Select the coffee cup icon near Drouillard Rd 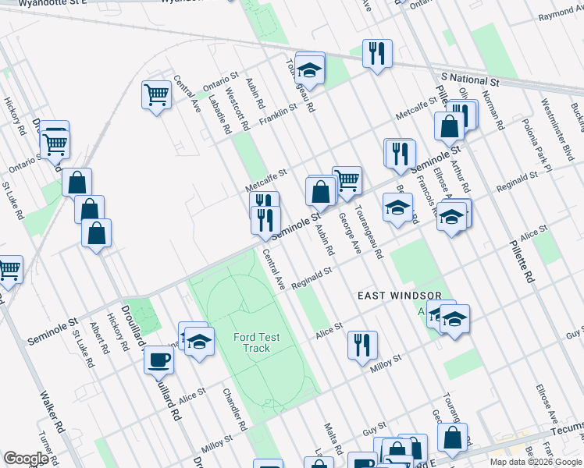(158, 360)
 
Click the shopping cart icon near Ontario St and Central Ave (156, 94)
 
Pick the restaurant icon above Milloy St (361, 344)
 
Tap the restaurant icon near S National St (377, 53)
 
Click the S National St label (469, 80)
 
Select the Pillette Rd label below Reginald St (522, 266)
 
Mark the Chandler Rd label (234, 409)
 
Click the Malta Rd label (333, 439)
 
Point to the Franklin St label (279, 113)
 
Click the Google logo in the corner (26, 459)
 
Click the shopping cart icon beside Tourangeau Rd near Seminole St (347, 179)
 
